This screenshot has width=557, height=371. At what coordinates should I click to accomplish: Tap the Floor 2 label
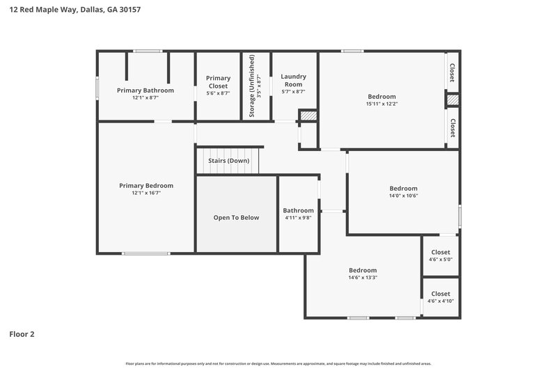(22, 334)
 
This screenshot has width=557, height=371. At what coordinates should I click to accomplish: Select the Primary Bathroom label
(146, 90)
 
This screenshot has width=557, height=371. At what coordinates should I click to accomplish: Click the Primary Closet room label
(218, 82)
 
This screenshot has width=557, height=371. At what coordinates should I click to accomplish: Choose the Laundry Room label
(293, 80)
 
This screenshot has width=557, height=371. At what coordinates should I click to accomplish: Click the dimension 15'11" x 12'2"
(382, 104)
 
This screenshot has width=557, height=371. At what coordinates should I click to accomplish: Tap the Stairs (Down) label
(228, 161)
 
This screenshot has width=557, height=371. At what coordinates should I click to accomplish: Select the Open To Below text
(236, 218)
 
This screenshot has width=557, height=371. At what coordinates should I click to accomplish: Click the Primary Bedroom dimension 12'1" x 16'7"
(146, 193)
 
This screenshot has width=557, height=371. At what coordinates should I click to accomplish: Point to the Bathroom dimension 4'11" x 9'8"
(298, 218)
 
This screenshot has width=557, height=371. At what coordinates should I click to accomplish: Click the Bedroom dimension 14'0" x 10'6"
(403, 196)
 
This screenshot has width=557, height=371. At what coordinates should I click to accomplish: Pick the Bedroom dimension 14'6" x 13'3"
(363, 278)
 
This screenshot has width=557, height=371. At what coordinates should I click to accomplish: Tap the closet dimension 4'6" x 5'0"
(440, 260)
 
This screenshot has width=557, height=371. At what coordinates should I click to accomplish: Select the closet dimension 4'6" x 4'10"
(440, 301)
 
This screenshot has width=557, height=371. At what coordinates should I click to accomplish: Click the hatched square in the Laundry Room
(308, 116)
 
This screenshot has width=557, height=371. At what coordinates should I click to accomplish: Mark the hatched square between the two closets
(453, 100)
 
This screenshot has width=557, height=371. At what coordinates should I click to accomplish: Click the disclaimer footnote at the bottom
(278, 363)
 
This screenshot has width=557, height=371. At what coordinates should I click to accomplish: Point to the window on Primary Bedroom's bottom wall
(146, 253)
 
